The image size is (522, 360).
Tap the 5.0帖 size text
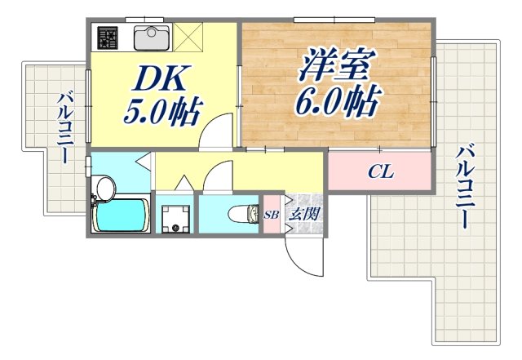[x=162, y=110]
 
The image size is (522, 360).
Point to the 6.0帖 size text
[x=337, y=100]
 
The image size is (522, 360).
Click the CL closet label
[x=381, y=172]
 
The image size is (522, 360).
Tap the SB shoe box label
[x=271, y=216]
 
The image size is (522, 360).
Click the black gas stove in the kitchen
[x=108, y=38]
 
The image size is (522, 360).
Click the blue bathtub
[x=121, y=216]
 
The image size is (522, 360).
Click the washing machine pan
[x=175, y=218]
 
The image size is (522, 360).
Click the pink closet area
[x=379, y=173]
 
